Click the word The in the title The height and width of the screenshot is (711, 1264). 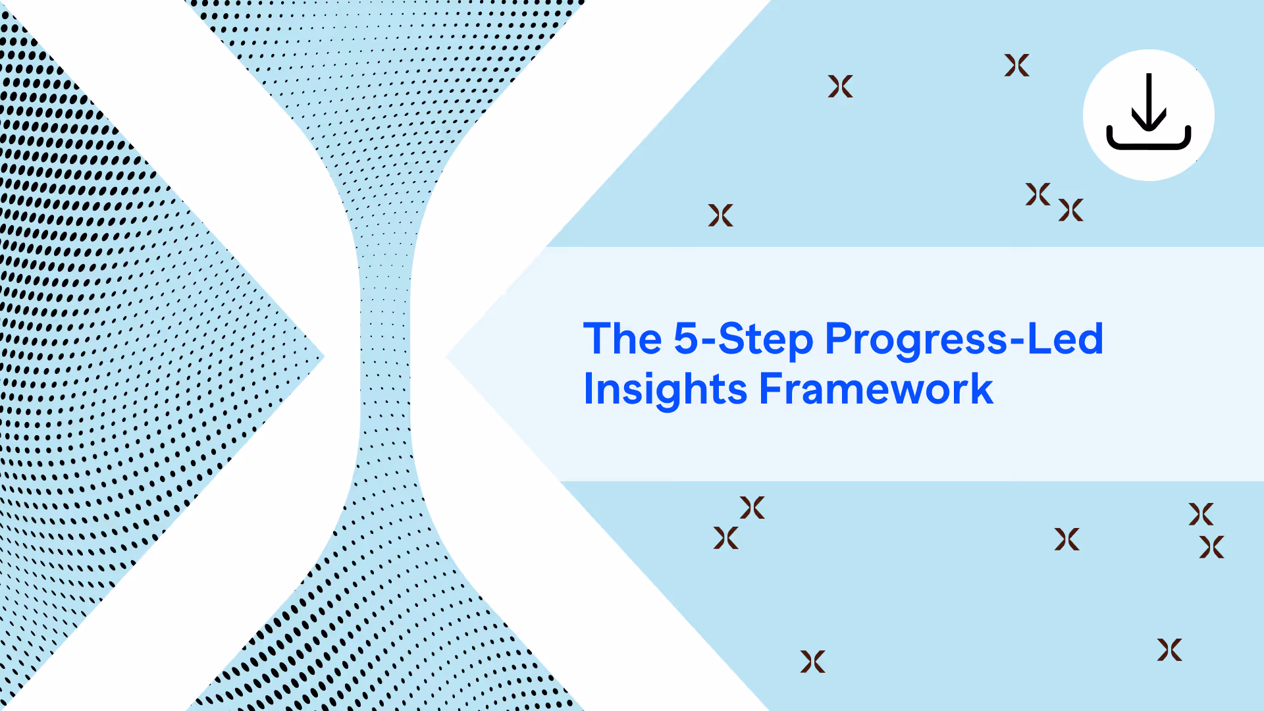point(622,338)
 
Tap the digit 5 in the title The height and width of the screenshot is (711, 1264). point(685,338)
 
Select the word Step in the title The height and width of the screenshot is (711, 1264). point(766,340)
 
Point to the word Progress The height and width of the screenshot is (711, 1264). point(916,340)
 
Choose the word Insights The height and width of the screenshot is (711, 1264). point(666,389)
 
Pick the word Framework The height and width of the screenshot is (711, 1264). point(876,388)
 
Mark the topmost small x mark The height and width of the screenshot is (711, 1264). point(1016,65)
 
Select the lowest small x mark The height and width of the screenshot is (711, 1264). point(812,662)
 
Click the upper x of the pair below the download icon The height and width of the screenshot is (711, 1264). point(1038,194)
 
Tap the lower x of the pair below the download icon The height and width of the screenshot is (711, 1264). point(1070,210)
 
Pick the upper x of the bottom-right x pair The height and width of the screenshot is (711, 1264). point(1201,514)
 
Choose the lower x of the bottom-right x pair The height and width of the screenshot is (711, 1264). point(1211,547)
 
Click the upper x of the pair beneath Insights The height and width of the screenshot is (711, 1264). point(752,508)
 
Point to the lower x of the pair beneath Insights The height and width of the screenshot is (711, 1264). point(725,538)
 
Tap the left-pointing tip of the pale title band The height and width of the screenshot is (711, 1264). point(446,357)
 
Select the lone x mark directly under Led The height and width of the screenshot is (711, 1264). point(1066,539)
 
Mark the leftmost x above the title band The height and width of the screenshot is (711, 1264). point(720,215)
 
